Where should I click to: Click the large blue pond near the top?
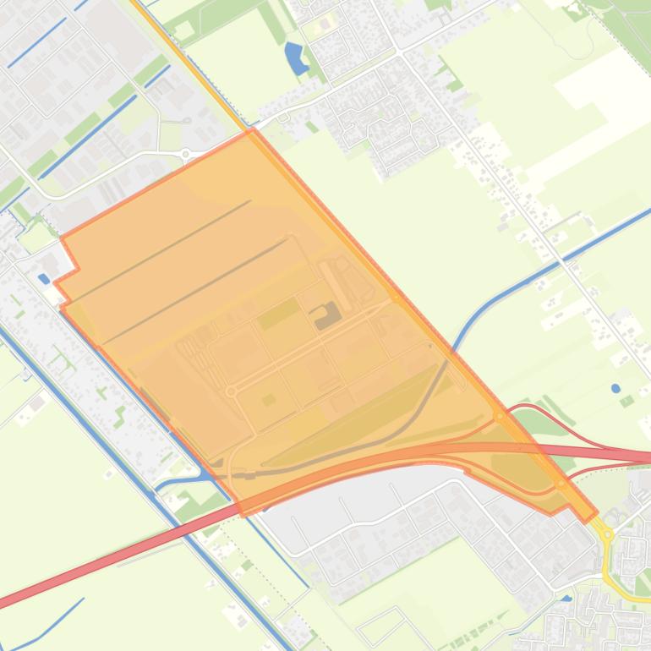click(294, 57)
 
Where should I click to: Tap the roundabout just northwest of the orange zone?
click(185, 154)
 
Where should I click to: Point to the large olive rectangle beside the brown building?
click(279, 315)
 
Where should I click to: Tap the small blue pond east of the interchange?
click(616, 389)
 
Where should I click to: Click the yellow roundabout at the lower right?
click(607, 534)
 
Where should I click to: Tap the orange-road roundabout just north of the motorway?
click(501, 416)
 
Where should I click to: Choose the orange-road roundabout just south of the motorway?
click(563, 484)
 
